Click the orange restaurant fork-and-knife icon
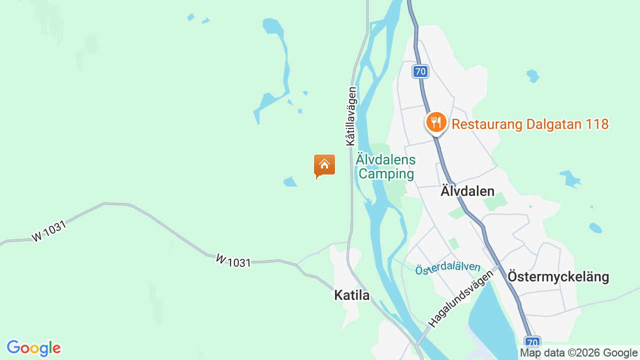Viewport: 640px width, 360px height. [436, 121]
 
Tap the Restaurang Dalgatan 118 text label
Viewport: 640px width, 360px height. [530, 124]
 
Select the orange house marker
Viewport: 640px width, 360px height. [324, 165]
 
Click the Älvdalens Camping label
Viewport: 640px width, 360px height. [386, 167]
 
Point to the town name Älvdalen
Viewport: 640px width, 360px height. [467, 191]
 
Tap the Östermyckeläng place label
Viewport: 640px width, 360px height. [558, 276]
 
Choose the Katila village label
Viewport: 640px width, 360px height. [351, 295]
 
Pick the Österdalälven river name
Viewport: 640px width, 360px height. [447, 268]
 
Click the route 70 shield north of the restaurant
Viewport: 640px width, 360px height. [420, 71]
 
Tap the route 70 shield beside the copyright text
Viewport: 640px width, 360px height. [532, 343]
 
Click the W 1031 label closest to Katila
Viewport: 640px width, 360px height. [233, 260]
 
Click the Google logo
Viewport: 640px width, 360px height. [33, 348]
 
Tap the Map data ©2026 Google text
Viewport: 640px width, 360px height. [578, 352]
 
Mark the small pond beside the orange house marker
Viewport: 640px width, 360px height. [290, 181]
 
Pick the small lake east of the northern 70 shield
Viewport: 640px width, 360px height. [533, 76]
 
